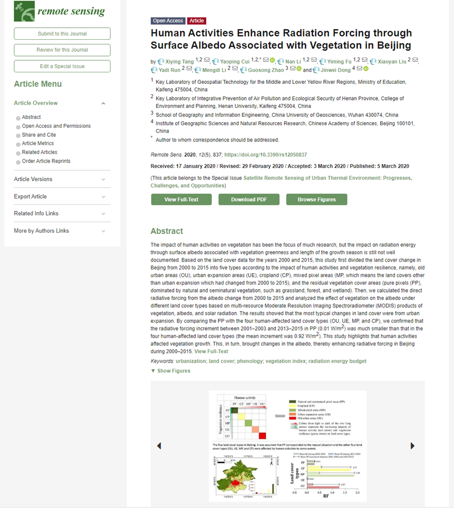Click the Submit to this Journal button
[x=62, y=34]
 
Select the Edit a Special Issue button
[x=62, y=67]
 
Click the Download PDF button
[x=249, y=200]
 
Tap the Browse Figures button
[x=316, y=200]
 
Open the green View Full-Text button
[x=181, y=200]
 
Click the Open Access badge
[x=168, y=21]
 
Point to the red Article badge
[x=197, y=21]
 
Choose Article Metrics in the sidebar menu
[x=38, y=144]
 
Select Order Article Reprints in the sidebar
[x=46, y=161]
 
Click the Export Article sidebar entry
[x=30, y=197]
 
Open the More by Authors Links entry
[x=41, y=231]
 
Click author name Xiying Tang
[x=179, y=62]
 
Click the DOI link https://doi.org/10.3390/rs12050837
[x=266, y=155]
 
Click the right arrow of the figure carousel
[x=412, y=446]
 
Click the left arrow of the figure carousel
[x=159, y=446]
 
